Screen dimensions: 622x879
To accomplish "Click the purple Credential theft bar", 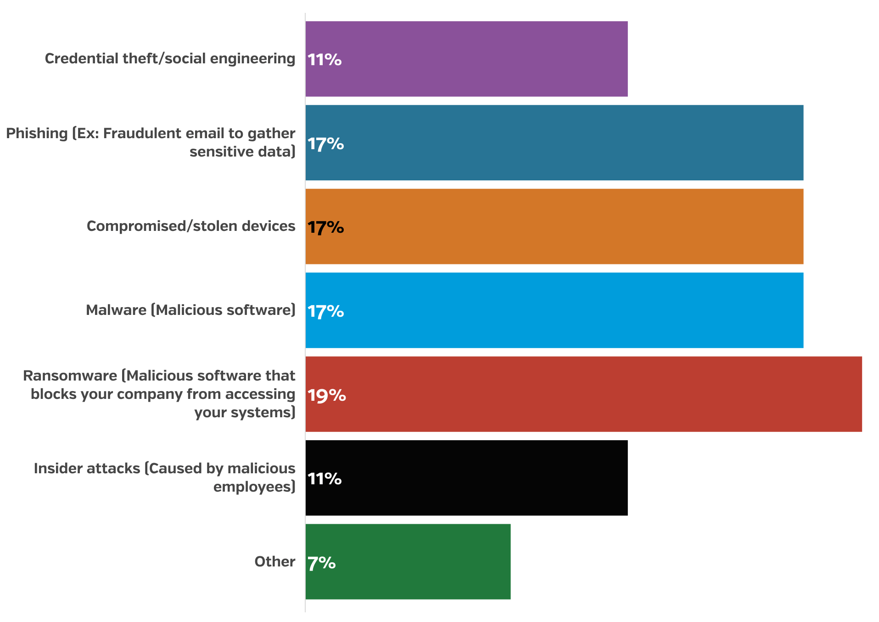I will [x=466, y=59].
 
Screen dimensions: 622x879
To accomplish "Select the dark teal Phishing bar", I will [x=554, y=143].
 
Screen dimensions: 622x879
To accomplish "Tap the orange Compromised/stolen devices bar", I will [x=554, y=226].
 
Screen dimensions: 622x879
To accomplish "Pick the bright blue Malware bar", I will [x=554, y=310].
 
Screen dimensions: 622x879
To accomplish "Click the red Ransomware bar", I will [x=583, y=394].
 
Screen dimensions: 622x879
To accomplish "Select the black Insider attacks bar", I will [x=466, y=478].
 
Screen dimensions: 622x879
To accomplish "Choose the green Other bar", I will [x=408, y=561].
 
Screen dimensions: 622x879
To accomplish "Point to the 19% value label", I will [x=326, y=395].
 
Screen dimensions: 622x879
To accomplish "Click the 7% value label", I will [x=321, y=563].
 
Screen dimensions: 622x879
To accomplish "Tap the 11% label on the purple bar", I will [x=325, y=60].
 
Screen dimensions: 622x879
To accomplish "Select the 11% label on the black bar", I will [x=325, y=479].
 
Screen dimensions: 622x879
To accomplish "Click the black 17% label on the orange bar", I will [x=325, y=228].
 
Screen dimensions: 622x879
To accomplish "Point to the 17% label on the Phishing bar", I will [x=325, y=144].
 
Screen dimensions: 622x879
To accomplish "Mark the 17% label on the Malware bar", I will [x=325, y=312].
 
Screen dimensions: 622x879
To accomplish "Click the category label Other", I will [x=274, y=561].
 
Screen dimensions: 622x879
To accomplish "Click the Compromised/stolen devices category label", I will [x=191, y=226].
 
